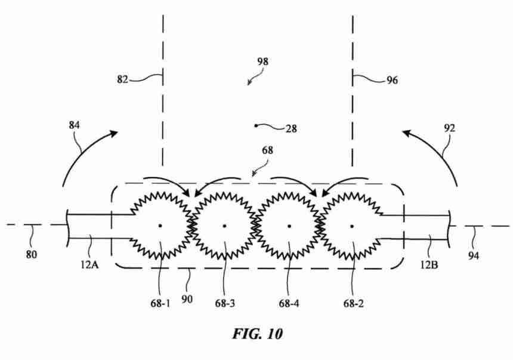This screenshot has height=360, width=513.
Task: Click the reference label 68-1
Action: [160, 304]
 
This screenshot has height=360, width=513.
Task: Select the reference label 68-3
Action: [225, 304]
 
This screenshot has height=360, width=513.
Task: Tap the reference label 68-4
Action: [289, 304]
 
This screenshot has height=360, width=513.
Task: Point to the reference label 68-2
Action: [353, 304]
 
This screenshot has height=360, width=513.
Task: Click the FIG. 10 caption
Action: [258, 334]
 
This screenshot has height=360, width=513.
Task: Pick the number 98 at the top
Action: [262, 61]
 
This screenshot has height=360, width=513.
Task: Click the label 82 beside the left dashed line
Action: [123, 79]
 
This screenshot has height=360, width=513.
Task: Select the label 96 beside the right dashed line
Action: [393, 80]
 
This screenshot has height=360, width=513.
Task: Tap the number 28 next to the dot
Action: [291, 129]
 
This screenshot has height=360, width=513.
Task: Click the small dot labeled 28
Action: [256, 125]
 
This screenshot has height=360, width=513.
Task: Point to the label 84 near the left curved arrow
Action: [75, 125]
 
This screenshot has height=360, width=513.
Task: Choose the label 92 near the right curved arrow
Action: [450, 128]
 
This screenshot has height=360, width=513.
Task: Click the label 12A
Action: [89, 264]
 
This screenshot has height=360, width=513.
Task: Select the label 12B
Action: [429, 264]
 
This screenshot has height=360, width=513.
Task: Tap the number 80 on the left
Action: [32, 254]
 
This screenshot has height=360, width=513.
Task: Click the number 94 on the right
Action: [474, 256]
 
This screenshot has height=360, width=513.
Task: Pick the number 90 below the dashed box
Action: [187, 299]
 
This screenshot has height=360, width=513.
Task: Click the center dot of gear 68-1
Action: [160, 225]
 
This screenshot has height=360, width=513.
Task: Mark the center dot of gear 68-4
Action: [289, 226]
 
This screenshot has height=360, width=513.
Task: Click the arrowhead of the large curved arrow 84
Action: [113, 133]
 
